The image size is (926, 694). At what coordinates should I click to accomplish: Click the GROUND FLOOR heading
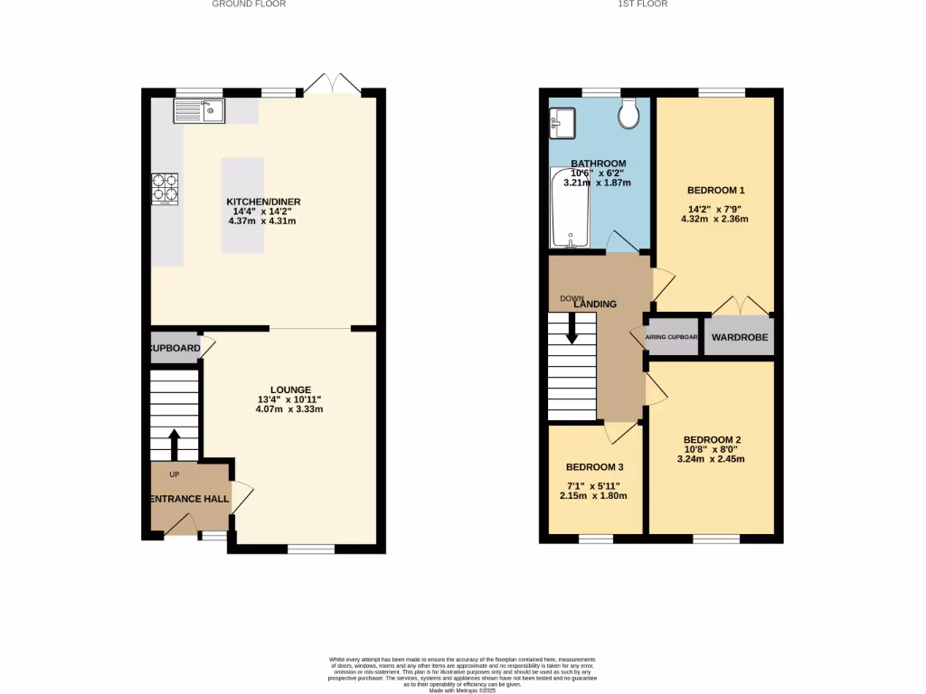point(249,4)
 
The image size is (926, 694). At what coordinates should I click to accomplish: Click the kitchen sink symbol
point(201,110)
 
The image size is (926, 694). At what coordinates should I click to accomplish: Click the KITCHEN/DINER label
point(263,202)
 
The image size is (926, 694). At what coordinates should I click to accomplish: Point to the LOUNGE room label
point(289,389)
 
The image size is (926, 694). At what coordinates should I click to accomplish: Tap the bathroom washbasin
point(562,122)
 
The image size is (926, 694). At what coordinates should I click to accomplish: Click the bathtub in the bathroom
point(570,211)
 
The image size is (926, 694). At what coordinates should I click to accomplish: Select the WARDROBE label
point(740,337)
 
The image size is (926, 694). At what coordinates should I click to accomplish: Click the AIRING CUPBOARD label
point(672,337)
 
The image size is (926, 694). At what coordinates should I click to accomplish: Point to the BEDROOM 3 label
point(594,467)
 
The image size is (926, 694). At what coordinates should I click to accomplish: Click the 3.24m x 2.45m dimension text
point(710,458)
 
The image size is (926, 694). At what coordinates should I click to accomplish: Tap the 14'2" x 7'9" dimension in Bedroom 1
point(715,208)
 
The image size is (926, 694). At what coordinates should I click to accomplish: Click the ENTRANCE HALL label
point(189,498)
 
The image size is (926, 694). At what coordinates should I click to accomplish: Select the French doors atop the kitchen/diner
point(332,85)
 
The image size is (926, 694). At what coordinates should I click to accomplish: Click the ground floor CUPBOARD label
point(175,348)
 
